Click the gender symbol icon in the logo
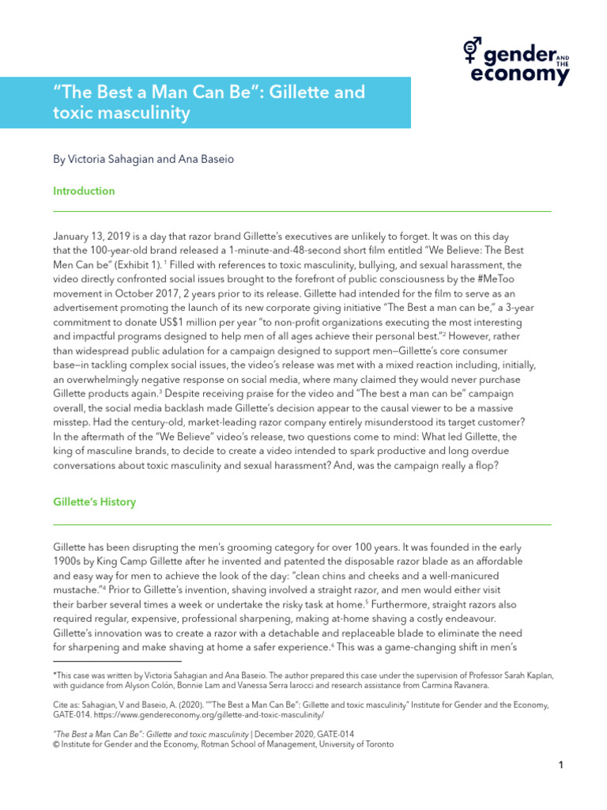472,52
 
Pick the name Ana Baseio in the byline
208,159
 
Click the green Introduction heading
84,191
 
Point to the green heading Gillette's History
94,502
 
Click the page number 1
560,764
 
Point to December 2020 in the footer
286,734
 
